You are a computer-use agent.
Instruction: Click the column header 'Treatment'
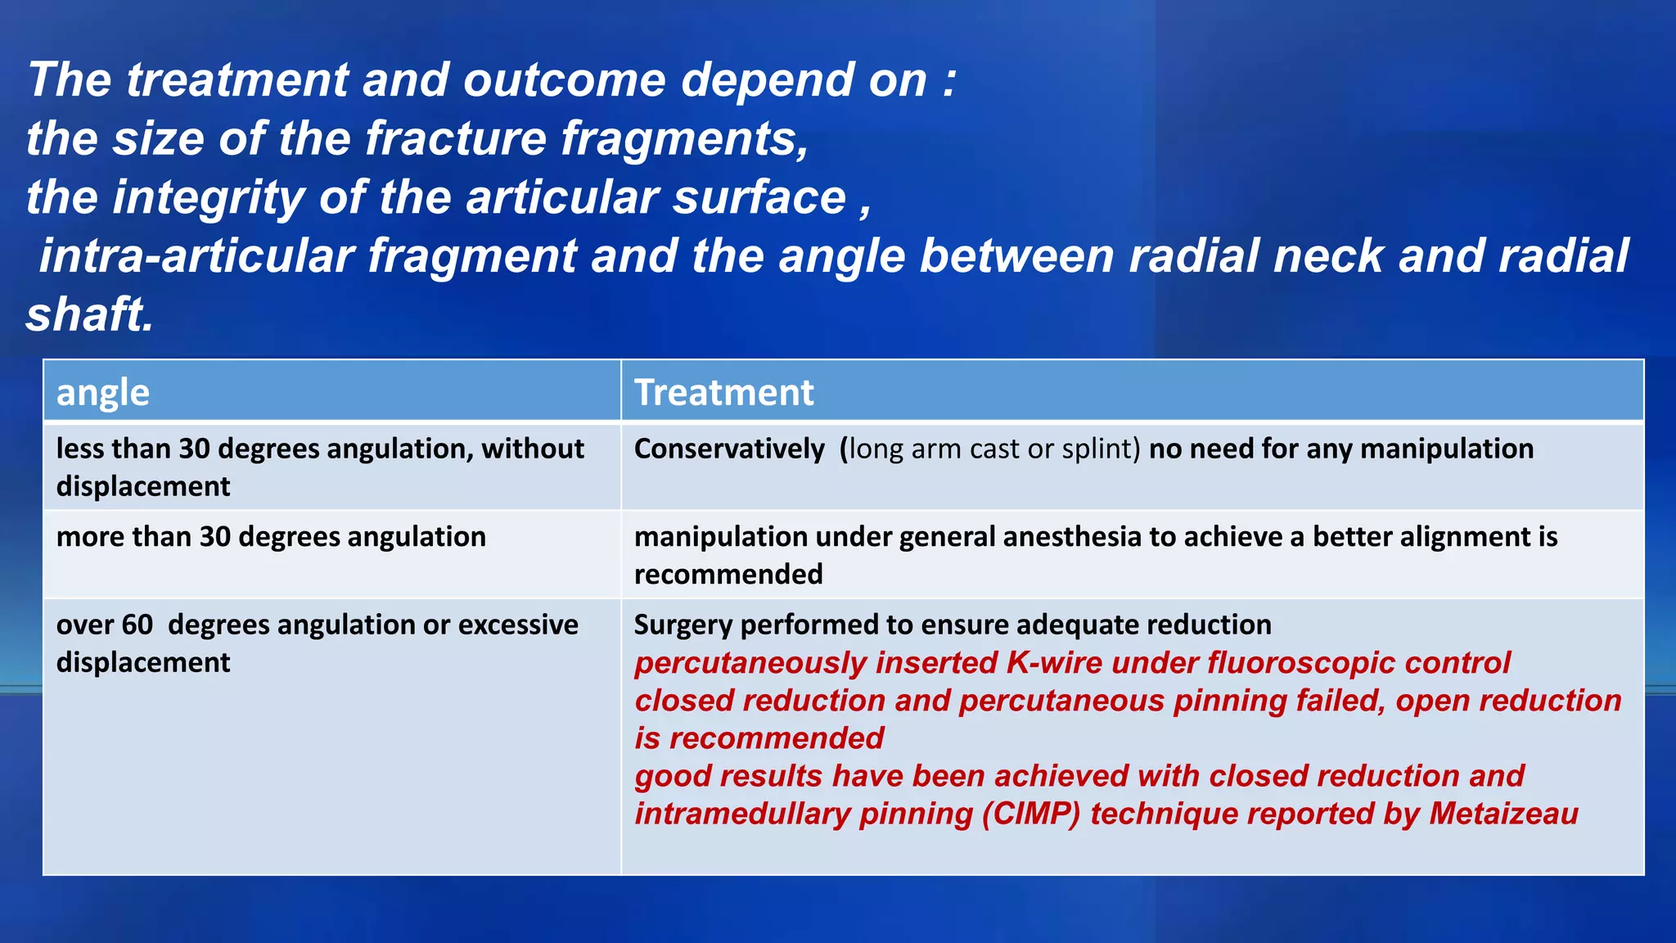coord(724,392)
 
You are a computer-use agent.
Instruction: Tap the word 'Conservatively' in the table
coord(729,449)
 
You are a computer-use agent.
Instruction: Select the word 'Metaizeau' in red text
coord(1503,814)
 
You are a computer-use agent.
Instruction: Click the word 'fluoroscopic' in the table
coord(1301,663)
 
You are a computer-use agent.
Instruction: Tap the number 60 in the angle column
coord(137,625)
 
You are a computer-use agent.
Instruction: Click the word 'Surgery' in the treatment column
coord(683,625)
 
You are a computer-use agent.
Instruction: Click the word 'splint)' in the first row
coord(1101,449)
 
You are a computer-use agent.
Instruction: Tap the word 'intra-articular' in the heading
coord(197,256)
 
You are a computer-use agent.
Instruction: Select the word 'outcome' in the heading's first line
coord(564,80)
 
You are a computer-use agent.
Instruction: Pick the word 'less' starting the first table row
coord(80,449)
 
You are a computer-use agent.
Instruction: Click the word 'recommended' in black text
coord(728,575)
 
